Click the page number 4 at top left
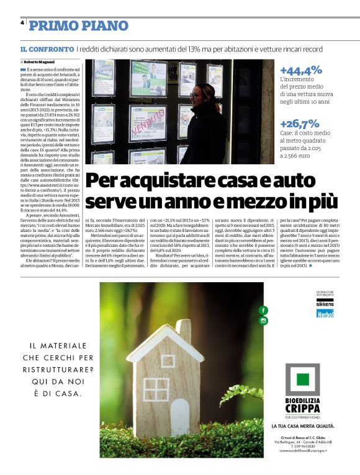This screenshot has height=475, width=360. [22, 22]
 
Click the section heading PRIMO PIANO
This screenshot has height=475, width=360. [79, 25]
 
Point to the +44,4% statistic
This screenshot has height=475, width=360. [301, 71]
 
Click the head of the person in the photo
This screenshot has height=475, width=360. [197, 94]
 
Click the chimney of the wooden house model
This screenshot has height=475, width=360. [183, 332]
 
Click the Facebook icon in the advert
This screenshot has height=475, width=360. [263, 310]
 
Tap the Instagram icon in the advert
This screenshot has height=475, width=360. [263, 321]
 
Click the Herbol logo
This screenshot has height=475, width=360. [325, 314]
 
